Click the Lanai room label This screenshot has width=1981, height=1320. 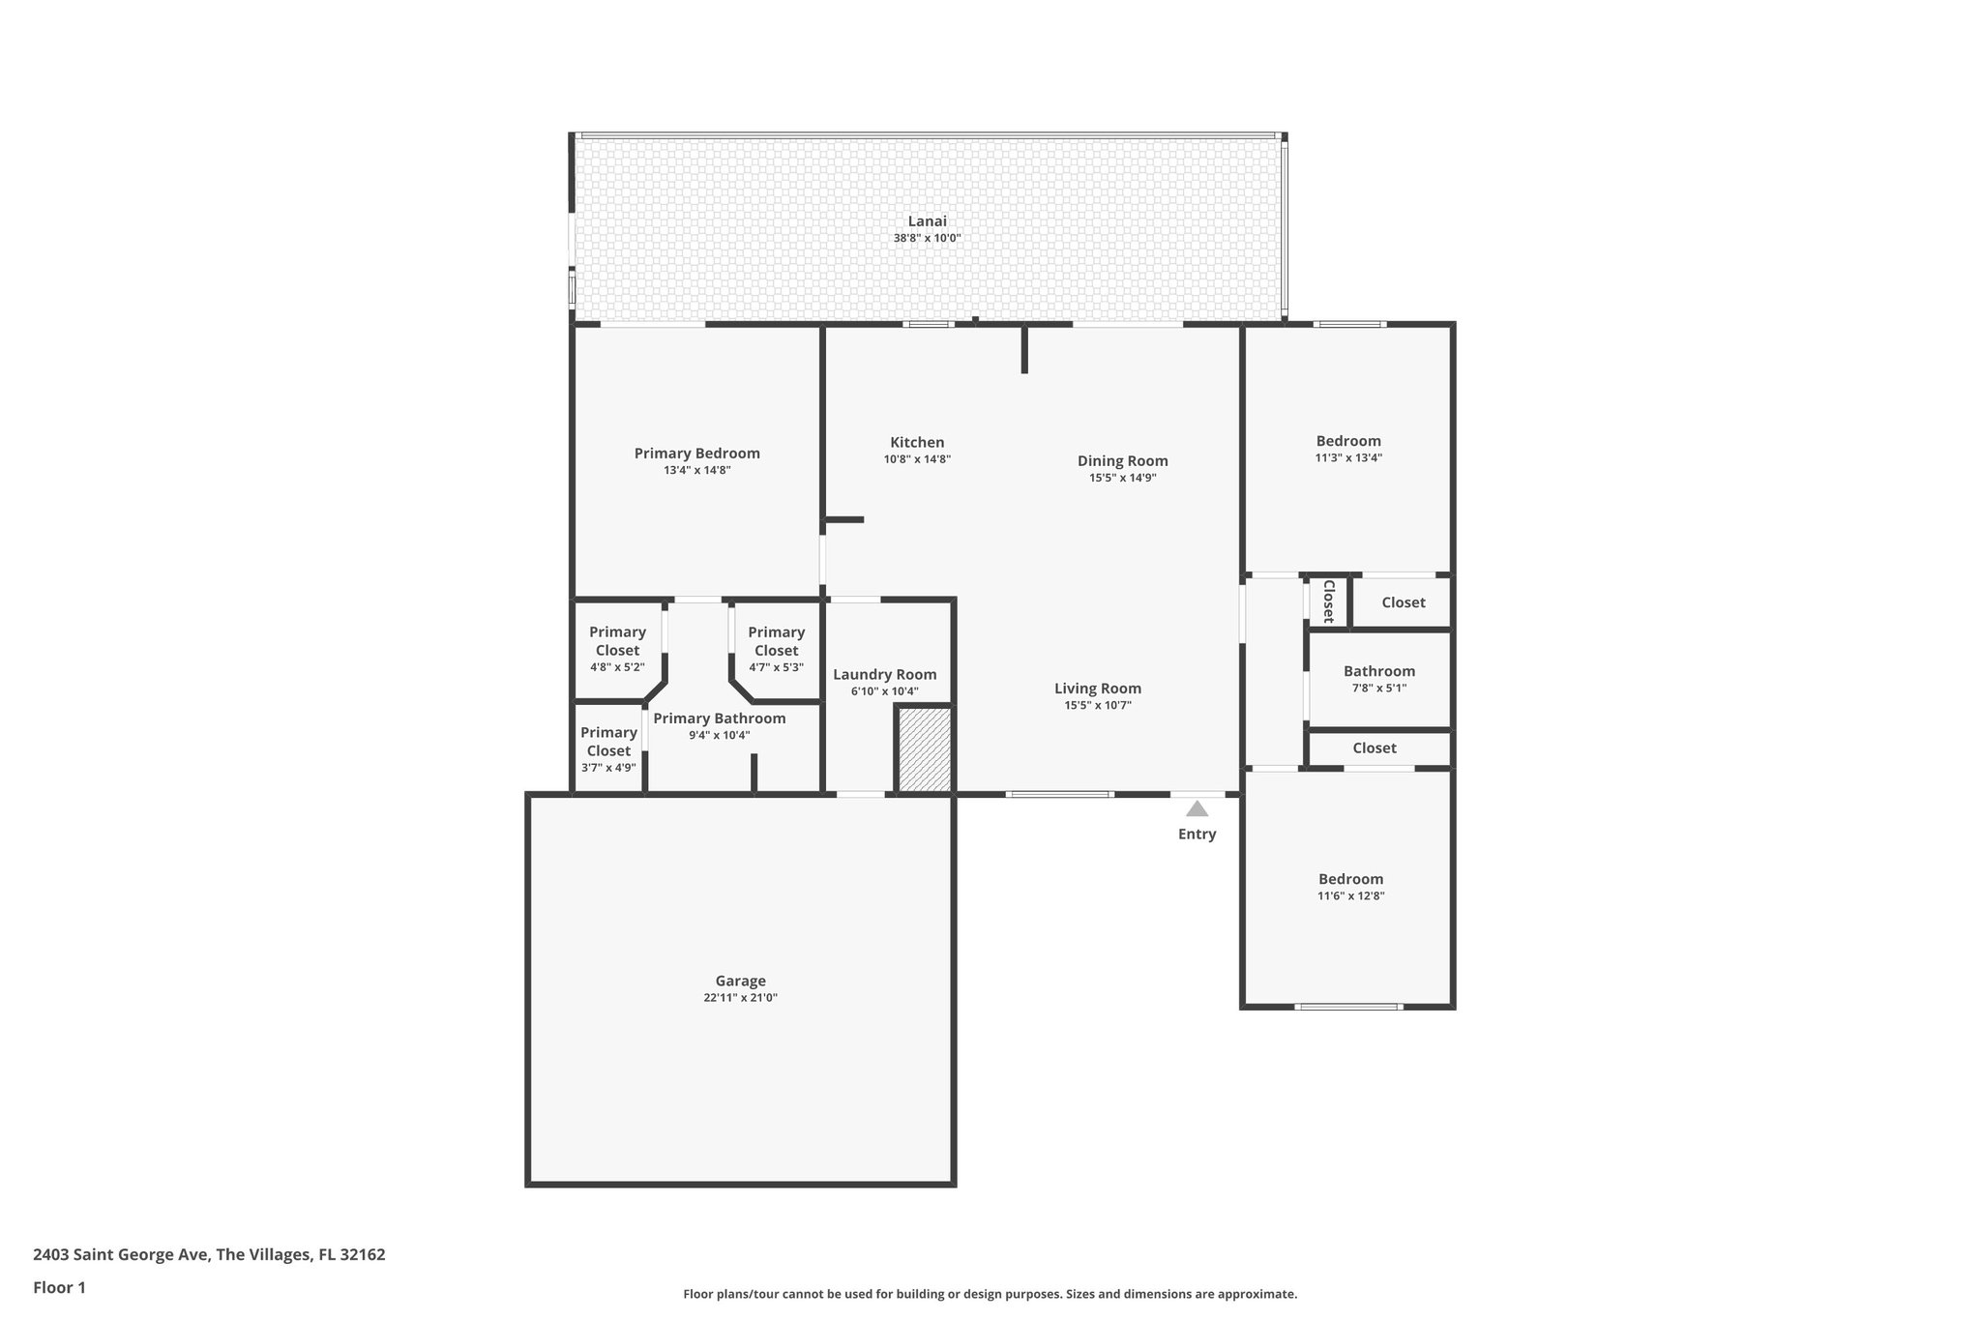click(x=927, y=221)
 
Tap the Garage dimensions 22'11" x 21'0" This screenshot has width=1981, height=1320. click(x=740, y=998)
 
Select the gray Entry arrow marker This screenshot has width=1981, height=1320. click(x=1197, y=808)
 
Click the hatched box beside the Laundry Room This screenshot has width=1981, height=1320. click(x=925, y=749)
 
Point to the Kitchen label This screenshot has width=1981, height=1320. click(x=917, y=443)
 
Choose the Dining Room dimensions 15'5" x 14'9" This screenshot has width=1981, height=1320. click(x=1122, y=478)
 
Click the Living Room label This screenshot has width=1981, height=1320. click(x=1097, y=689)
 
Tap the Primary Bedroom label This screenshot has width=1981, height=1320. click(x=696, y=454)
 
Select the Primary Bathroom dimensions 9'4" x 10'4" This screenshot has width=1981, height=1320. click(x=719, y=735)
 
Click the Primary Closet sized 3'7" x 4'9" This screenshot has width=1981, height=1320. click(x=608, y=749)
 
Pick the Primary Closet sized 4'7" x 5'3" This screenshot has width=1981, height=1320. click(x=776, y=649)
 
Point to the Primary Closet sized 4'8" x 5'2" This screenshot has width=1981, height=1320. click(x=617, y=649)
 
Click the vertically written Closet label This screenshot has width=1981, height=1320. click(x=1328, y=601)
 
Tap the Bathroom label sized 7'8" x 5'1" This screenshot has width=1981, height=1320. click(x=1378, y=671)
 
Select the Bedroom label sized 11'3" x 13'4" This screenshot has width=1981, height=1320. click(x=1348, y=441)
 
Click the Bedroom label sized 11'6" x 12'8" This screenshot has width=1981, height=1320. click(x=1350, y=879)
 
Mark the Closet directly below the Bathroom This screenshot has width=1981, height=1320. click(x=1374, y=748)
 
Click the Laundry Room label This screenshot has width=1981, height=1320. click(x=884, y=675)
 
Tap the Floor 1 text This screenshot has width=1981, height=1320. click(x=59, y=1287)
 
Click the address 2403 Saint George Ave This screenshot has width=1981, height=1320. click(x=209, y=1255)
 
